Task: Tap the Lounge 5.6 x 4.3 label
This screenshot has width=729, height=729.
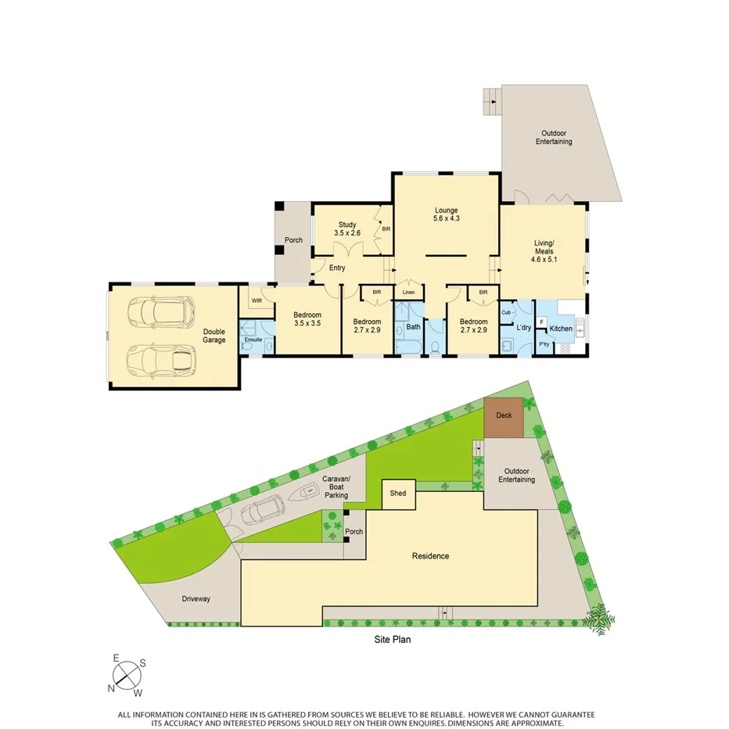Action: [x=447, y=214]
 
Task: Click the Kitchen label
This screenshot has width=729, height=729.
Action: [x=561, y=329]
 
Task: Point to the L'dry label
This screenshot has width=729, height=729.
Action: [x=523, y=329]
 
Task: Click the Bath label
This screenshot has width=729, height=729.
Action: [x=413, y=327]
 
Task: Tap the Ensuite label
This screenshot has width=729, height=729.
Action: [x=253, y=339]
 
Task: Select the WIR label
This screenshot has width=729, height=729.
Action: [x=256, y=300]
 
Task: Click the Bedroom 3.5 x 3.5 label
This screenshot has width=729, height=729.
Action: [x=307, y=318]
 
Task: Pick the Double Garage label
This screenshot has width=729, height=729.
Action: [x=214, y=336]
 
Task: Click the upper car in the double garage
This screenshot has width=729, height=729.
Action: [x=162, y=311]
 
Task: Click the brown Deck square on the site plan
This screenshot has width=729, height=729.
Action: [x=504, y=418]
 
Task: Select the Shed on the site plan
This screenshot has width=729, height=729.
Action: [x=398, y=494]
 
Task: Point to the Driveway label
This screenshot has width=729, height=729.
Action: [x=196, y=599]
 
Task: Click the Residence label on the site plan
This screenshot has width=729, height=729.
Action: [x=431, y=556]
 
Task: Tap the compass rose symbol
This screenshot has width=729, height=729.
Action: [x=127, y=673]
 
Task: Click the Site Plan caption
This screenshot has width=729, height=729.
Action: [x=391, y=639]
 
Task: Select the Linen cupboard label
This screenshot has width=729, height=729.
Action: [x=408, y=293]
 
